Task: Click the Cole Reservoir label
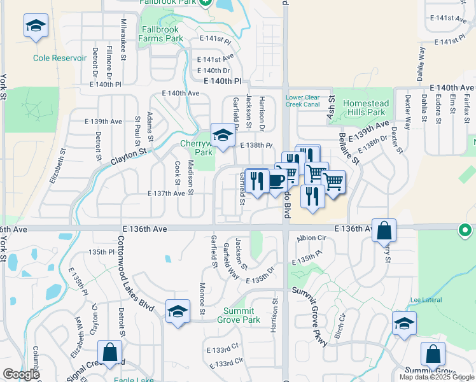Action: point(60,58)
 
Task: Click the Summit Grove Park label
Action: point(241,316)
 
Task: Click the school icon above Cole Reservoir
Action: point(36,27)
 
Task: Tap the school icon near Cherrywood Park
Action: point(223,136)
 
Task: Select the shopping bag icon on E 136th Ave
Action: point(384,230)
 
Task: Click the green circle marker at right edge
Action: point(466,229)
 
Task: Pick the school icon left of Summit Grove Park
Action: point(178,311)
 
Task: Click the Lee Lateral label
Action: point(424,300)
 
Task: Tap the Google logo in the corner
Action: point(22,374)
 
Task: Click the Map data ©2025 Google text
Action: point(436,377)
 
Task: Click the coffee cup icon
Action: point(275,181)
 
